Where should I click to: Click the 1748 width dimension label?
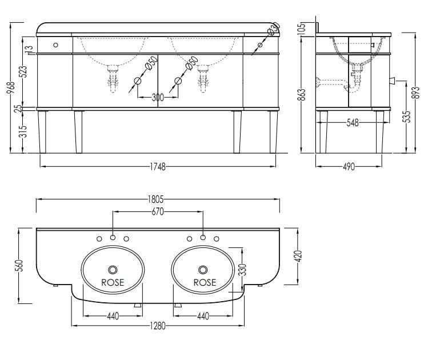[x=158, y=167]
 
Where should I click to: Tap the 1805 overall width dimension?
[x=156, y=199]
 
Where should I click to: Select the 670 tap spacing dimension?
[x=158, y=211]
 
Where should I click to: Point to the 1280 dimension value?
[x=158, y=326]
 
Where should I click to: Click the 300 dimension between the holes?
[x=158, y=97]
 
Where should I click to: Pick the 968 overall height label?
[x=11, y=87]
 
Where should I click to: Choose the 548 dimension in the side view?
[x=353, y=123]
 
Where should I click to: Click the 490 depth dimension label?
[x=349, y=167]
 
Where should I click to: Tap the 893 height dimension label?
[x=417, y=93]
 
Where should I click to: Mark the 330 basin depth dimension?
[x=243, y=269]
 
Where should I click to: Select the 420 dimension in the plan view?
[x=298, y=256]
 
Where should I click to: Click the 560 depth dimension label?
[x=21, y=265]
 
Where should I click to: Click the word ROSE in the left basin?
[x=113, y=282]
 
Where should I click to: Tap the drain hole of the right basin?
[x=203, y=270]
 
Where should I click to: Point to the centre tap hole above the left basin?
[x=113, y=238]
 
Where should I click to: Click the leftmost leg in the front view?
[x=42, y=132]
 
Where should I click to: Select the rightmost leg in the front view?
[x=274, y=132]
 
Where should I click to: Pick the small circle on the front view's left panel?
[x=55, y=45]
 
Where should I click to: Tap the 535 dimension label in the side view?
[x=406, y=117]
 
